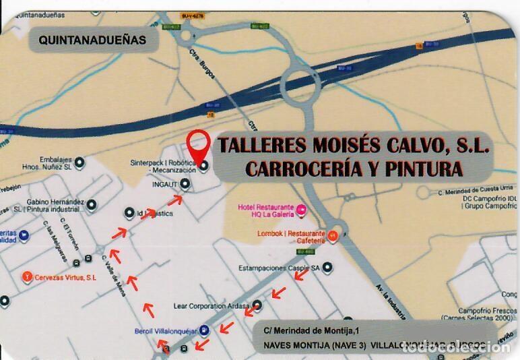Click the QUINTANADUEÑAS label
click(92, 40)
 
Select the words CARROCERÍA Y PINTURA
click(354, 169)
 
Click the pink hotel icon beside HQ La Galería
click(302, 210)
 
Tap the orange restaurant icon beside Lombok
click(332, 236)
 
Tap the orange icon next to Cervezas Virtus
click(27, 275)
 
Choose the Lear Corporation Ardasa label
click(207, 305)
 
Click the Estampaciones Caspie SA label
click(278, 268)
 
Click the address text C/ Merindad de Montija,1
click(313, 328)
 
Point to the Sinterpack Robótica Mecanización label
click(163, 167)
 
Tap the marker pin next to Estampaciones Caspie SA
click(327, 268)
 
